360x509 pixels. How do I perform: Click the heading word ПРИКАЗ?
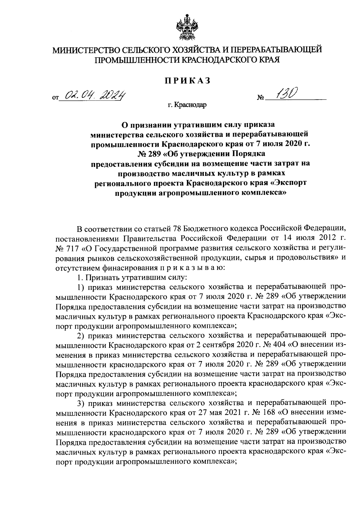click(x=187, y=80)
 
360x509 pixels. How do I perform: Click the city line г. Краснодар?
click(x=187, y=105)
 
